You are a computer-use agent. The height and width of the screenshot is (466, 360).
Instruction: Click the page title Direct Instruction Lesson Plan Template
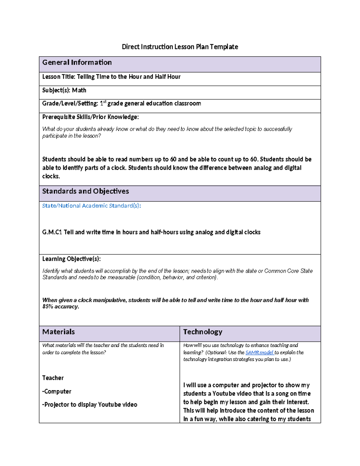[180, 47]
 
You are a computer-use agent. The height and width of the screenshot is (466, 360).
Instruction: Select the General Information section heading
[77, 62]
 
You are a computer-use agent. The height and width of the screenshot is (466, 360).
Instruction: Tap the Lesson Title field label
[59, 77]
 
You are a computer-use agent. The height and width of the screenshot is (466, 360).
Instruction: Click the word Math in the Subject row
[79, 90]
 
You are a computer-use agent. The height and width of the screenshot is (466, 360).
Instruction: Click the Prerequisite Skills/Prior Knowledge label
[90, 117]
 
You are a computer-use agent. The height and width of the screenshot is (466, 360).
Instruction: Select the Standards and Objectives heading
[85, 191]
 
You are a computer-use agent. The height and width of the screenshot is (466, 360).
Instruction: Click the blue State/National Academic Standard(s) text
[91, 206]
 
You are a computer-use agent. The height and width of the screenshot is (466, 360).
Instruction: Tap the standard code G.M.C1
[52, 232]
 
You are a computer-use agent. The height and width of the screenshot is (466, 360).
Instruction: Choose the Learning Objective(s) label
[71, 259]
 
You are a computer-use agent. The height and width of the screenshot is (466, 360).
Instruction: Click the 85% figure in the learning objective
[48, 307]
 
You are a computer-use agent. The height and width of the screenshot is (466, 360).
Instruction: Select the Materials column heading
[58, 332]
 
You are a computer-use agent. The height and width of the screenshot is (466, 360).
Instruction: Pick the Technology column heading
[203, 332]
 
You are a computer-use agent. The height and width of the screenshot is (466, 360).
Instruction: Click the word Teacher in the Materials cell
[53, 378]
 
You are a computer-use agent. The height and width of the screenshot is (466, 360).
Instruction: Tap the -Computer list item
[57, 392]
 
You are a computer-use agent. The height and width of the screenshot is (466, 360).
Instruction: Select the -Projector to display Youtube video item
[90, 405]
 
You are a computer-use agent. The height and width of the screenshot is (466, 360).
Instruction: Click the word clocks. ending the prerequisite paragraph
[51, 176]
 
